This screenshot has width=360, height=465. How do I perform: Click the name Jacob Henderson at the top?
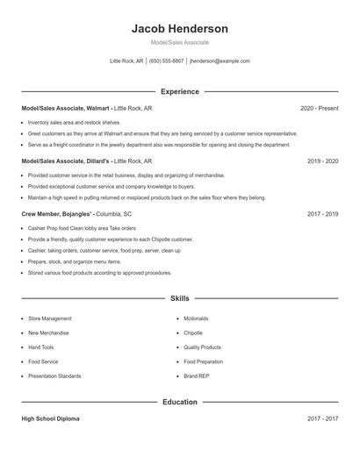(179, 28)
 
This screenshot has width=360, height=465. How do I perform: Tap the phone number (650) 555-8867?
(166, 61)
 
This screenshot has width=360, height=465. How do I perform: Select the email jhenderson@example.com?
(220, 61)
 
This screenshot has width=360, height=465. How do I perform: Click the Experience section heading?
(179, 91)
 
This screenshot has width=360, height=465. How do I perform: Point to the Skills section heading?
(179, 298)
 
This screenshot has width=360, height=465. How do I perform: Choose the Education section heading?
(179, 402)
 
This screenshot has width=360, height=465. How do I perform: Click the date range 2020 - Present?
(319, 108)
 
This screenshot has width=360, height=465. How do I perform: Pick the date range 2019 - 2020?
(323, 161)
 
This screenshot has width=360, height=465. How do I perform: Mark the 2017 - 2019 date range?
(323, 214)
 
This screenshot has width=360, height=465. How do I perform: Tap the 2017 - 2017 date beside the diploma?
(323, 418)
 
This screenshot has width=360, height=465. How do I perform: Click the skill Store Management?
(50, 318)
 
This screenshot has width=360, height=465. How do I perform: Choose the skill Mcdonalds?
(197, 318)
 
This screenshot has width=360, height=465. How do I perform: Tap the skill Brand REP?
(198, 376)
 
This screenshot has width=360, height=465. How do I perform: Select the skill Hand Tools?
(42, 347)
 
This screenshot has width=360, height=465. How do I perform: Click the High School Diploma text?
(50, 418)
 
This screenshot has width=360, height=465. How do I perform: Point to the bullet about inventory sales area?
(74, 123)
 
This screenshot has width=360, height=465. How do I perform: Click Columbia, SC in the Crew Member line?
(115, 214)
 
